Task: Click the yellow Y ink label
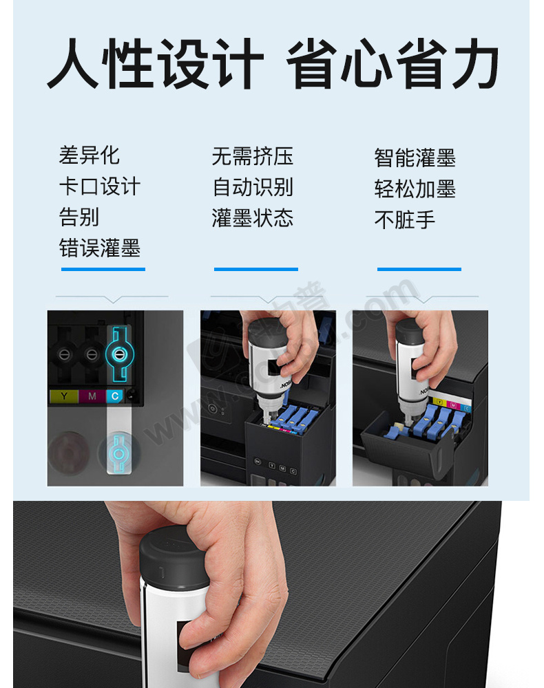(x=64, y=396)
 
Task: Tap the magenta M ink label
(x=92, y=396)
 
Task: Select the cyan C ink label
(x=114, y=396)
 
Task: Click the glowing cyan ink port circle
(x=119, y=354)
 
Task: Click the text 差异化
(x=89, y=155)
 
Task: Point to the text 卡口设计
(x=100, y=186)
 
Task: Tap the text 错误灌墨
(x=100, y=248)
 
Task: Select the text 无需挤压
(x=253, y=156)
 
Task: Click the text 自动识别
(x=253, y=187)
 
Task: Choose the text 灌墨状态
(x=253, y=217)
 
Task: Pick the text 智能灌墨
(x=415, y=158)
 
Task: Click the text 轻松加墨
(x=415, y=189)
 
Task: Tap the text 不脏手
(x=404, y=219)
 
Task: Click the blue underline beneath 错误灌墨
(x=103, y=269)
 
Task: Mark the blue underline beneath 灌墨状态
(x=256, y=269)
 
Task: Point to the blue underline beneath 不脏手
(x=419, y=269)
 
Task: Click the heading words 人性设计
(x=156, y=63)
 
